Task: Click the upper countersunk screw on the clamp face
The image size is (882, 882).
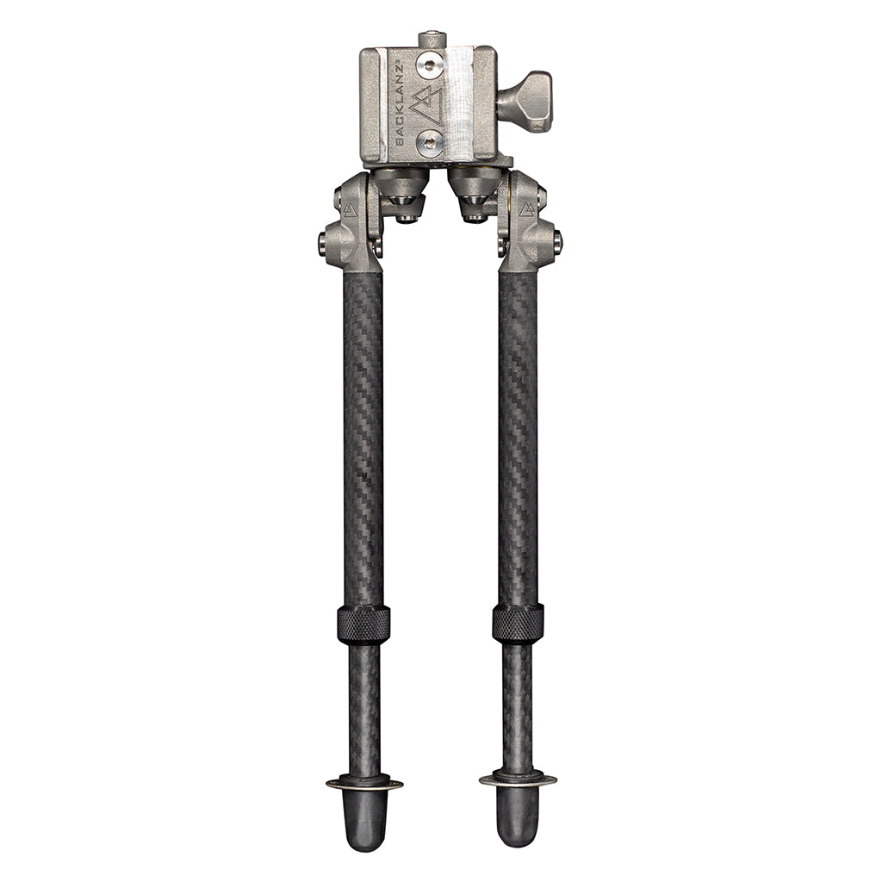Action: [430, 64]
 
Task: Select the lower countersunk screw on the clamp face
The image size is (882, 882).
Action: [430, 142]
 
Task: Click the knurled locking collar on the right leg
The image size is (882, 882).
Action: [518, 622]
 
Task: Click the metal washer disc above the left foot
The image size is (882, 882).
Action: [364, 783]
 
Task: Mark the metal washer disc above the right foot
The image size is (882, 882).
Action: [518, 780]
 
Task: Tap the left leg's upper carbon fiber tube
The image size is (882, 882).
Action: [363, 431]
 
